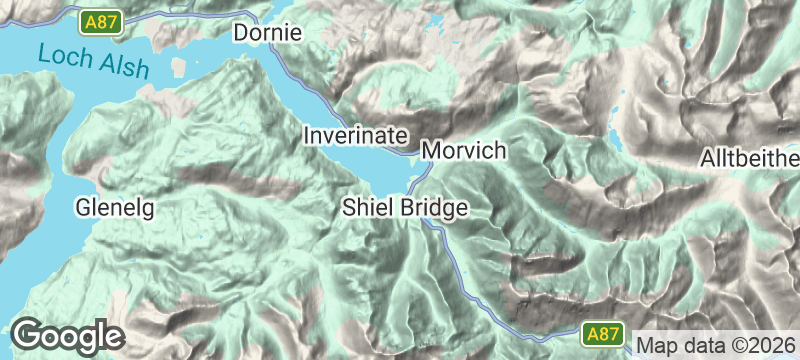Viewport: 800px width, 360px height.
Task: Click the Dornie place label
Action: coord(267,33)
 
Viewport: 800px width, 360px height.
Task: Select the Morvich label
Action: coord(464,151)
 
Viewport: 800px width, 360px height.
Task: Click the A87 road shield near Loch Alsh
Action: coord(102,21)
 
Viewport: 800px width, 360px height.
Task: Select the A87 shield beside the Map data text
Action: coord(604,334)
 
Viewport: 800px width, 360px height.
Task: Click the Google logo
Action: coord(67,336)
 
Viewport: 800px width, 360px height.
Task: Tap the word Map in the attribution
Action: coord(656,344)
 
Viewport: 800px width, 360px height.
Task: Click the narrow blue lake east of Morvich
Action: coord(615,140)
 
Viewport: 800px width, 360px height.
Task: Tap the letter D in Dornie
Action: coord(241,33)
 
